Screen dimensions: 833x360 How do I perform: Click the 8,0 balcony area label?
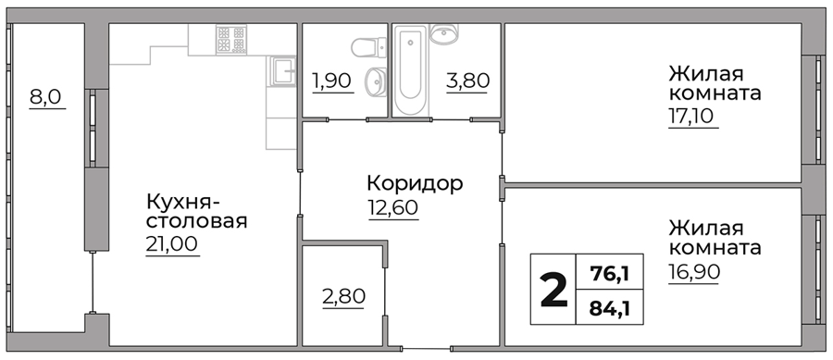click(x=47, y=98)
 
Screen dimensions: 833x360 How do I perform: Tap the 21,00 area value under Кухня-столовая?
click(x=172, y=244)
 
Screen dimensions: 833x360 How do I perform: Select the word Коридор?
click(x=415, y=184)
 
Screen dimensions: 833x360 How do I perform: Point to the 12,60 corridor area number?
click(x=392, y=207)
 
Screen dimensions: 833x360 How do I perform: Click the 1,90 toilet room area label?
click(x=332, y=81)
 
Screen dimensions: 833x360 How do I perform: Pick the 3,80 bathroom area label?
click(x=467, y=81)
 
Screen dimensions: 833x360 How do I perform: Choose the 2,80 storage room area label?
click(x=343, y=296)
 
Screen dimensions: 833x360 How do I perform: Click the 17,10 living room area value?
click(x=693, y=117)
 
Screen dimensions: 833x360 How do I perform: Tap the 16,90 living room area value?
click(x=694, y=272)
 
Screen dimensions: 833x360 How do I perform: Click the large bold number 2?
click(x=553, y=290)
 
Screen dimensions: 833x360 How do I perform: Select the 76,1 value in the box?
click(x=610, y=274)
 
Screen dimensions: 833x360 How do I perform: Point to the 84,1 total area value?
click(x=610, y=308)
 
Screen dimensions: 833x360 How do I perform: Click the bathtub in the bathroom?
click(x=411, y=69)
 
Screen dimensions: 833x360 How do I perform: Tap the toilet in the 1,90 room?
click(x=368, y=46)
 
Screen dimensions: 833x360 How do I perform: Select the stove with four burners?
click(x=231, y=39)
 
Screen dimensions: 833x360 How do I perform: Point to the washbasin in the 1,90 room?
click(x=376, y=81)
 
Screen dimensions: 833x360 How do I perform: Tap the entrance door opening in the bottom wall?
click(x=426, y=348)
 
